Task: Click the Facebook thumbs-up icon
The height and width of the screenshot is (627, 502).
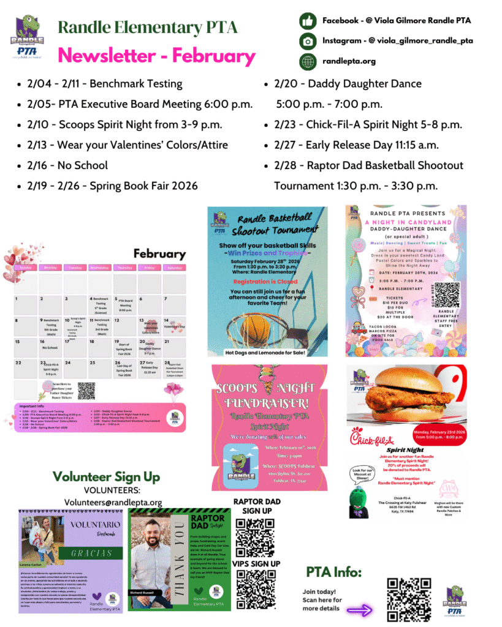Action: (307, 21)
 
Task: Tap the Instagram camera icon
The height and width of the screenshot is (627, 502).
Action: (307, 41)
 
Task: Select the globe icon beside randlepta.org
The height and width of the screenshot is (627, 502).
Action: (307, 61)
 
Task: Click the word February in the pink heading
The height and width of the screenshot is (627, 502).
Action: (213, 56)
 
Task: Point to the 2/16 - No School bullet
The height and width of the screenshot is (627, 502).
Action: (67, 165)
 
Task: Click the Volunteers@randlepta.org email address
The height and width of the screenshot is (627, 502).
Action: (113, 502)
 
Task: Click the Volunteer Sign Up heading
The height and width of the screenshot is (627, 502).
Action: (106, 476)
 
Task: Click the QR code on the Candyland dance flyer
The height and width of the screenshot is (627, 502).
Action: (444, 295)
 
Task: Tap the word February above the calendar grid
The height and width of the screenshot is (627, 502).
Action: (159, 253)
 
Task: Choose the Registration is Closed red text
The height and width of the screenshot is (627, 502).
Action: (267, 281)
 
